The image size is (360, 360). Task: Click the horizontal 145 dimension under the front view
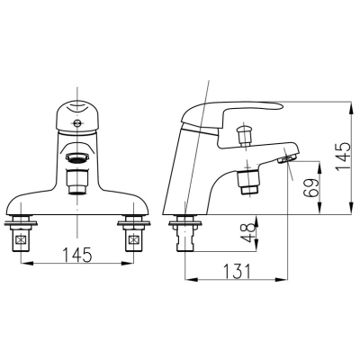(x=76, y=255)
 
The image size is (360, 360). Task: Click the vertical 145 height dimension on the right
(x=343, y=157)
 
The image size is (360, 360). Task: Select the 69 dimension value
(x=310, y=188)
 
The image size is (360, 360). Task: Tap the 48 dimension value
(x=249, y=233)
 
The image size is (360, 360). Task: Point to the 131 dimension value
(x=236, y=272)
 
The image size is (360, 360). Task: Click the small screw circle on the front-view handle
(x=77, y=122)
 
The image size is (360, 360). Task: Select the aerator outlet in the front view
(x=77, y=157)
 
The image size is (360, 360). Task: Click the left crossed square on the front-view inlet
(x=21, y=240)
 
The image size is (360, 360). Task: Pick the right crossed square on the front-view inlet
(x=133, y=240)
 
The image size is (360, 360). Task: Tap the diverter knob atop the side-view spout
(x=244, y=135)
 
